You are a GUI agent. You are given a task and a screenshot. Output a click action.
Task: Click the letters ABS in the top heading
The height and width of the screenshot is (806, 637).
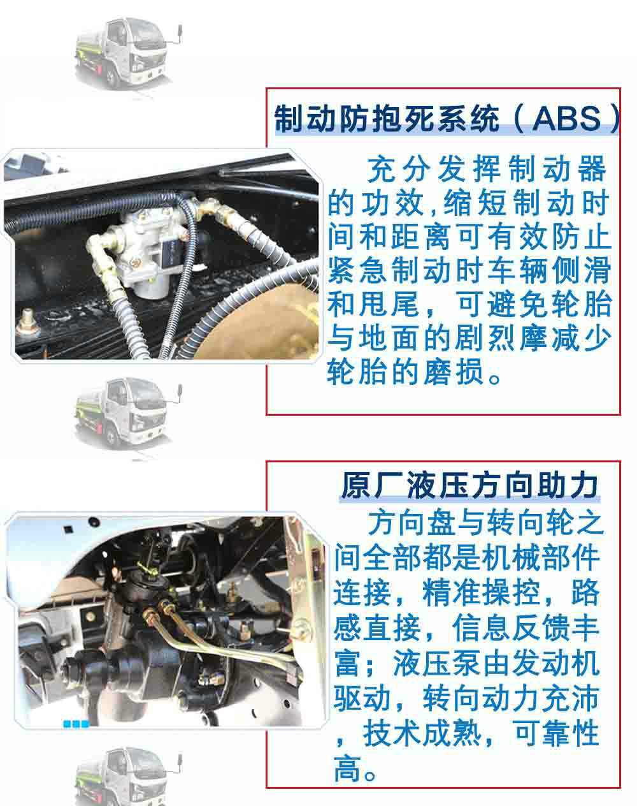pyautogui.click(x=566, y=119)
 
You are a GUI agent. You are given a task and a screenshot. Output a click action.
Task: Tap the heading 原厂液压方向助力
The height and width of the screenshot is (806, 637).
pyautogui.click(x=469, y=486)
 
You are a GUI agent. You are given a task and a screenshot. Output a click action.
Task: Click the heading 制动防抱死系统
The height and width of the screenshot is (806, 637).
pyautogui.click(x=387, y=119)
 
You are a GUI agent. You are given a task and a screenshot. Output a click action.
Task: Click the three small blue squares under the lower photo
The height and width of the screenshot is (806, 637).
pyautogui.click(x=76, y=724)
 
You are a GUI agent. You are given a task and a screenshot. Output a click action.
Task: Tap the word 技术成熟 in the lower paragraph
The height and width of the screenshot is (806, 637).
pyautogui.click(x=422, y=734)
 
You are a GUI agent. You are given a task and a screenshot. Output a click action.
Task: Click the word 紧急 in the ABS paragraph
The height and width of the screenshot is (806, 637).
pyautogui.click(x=359, y=270)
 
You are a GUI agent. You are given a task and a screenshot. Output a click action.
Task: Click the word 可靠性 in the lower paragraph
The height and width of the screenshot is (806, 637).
pyautogui.click(x=557, y=734)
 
